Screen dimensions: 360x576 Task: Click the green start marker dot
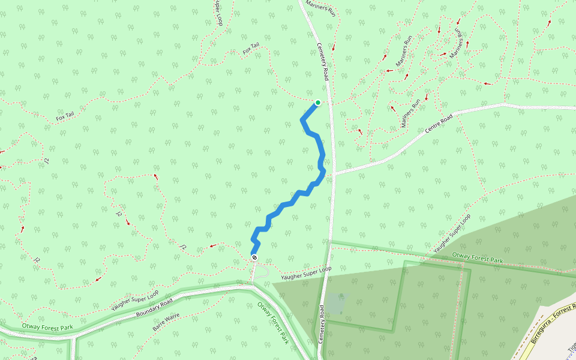point(317,103)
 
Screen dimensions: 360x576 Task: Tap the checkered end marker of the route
point(254,257)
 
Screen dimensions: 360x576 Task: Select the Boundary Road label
point(154,307)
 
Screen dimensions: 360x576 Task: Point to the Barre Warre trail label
point(166,322)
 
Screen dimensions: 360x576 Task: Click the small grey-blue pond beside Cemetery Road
point(336,303)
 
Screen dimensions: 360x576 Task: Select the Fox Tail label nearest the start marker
point(251,49)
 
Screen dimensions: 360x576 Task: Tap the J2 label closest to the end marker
point(184,246)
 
